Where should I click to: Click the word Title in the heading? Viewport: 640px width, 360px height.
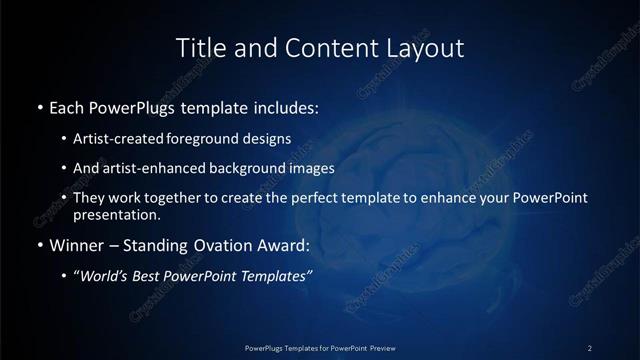[x=197, y=47]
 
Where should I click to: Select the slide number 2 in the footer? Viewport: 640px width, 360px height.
[x=590, y=347]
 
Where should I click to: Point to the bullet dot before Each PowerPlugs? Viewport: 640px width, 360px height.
[x=38, y=106]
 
